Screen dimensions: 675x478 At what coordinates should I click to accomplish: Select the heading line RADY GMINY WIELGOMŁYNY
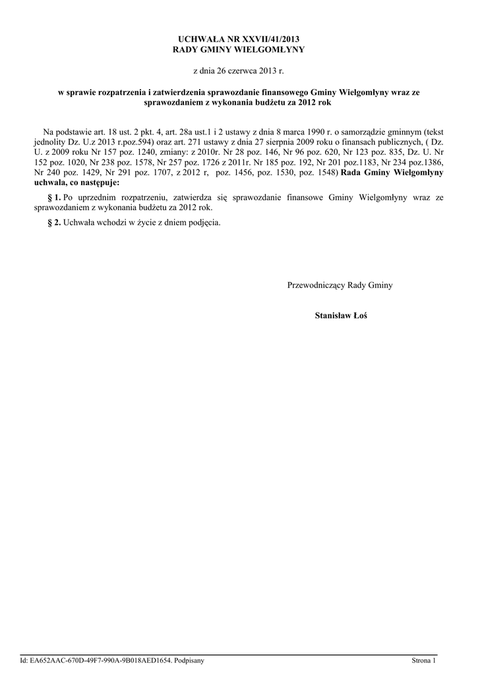(x=239, y=49)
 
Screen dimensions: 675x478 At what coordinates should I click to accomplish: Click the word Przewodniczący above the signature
(x=316, y=285)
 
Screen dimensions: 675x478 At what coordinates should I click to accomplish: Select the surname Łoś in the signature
(x=360, y=316)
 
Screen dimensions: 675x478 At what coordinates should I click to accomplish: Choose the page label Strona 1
(x=424, y=660)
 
